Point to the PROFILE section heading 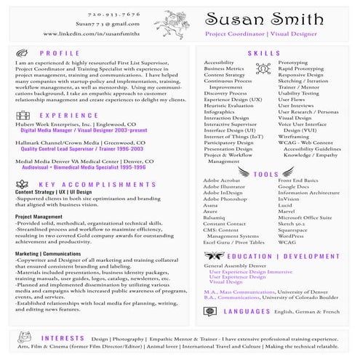pyautogui.click(x=60, y=54)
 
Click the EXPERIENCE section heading pyautogui.click(x=69, y=115)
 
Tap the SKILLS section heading pyautogui.click(x=264, y=54)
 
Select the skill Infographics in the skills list pyautogui.click(x=219, y=113)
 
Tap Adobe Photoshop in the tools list pyautogui.click(x=225, y=199)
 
